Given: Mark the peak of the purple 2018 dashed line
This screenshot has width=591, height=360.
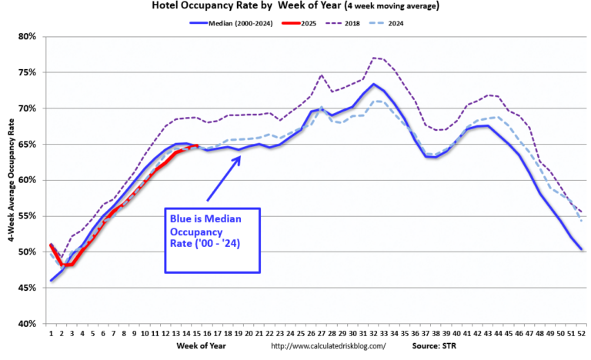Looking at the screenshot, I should point(374,58).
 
